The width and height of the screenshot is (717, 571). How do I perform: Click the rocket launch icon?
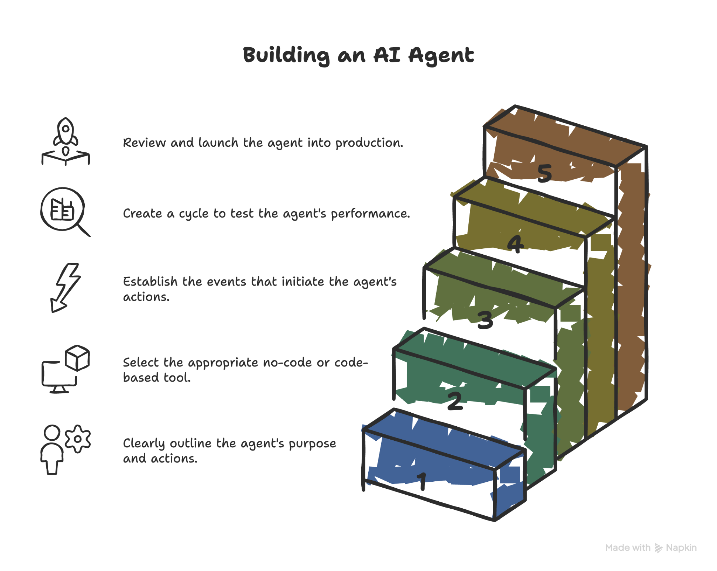pos(65,140)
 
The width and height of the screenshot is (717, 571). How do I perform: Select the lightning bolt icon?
pos(66,287)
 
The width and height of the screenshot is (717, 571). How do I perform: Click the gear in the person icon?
pos(78,439)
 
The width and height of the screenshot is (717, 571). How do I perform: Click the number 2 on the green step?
pos(455,401)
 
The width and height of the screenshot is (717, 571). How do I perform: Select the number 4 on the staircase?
pos(515,244)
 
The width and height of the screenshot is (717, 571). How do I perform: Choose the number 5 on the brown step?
pos(544,173)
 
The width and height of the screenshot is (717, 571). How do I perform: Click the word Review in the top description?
pos(144,143)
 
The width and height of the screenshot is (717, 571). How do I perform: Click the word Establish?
pos(150,282)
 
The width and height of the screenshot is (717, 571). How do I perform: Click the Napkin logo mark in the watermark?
pos(659,548)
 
